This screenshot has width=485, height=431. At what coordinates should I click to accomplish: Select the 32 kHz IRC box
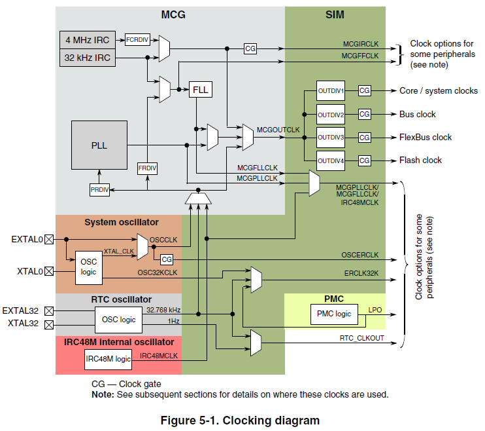pos(88,58)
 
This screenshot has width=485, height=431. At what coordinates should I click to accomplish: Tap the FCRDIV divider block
pos(137,40)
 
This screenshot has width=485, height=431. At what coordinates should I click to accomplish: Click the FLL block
pos(201,90)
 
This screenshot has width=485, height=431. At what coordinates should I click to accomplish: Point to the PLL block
pos(98,146)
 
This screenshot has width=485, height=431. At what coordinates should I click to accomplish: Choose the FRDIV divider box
pos(147,168)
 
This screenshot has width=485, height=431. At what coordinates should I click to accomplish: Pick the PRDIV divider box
pos(99,190)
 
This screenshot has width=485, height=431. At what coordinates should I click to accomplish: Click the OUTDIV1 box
pos(330,90)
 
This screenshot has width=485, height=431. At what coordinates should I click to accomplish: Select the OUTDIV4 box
pos(330,160)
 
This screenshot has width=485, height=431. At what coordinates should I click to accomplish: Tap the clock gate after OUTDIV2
pos(364,114)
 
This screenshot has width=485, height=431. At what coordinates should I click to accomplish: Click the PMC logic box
pos(334,314)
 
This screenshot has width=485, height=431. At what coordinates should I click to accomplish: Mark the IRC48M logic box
pos(109,358)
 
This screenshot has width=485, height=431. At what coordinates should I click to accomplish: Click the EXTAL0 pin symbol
pos(48,240)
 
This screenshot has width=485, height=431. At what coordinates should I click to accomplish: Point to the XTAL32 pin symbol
pos(48,324)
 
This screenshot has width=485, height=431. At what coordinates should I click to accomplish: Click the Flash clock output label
pos(420,160)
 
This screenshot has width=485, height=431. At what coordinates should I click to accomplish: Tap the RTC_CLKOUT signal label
pos(361,338)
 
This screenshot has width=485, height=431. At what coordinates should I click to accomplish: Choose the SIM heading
pos(335,14)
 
